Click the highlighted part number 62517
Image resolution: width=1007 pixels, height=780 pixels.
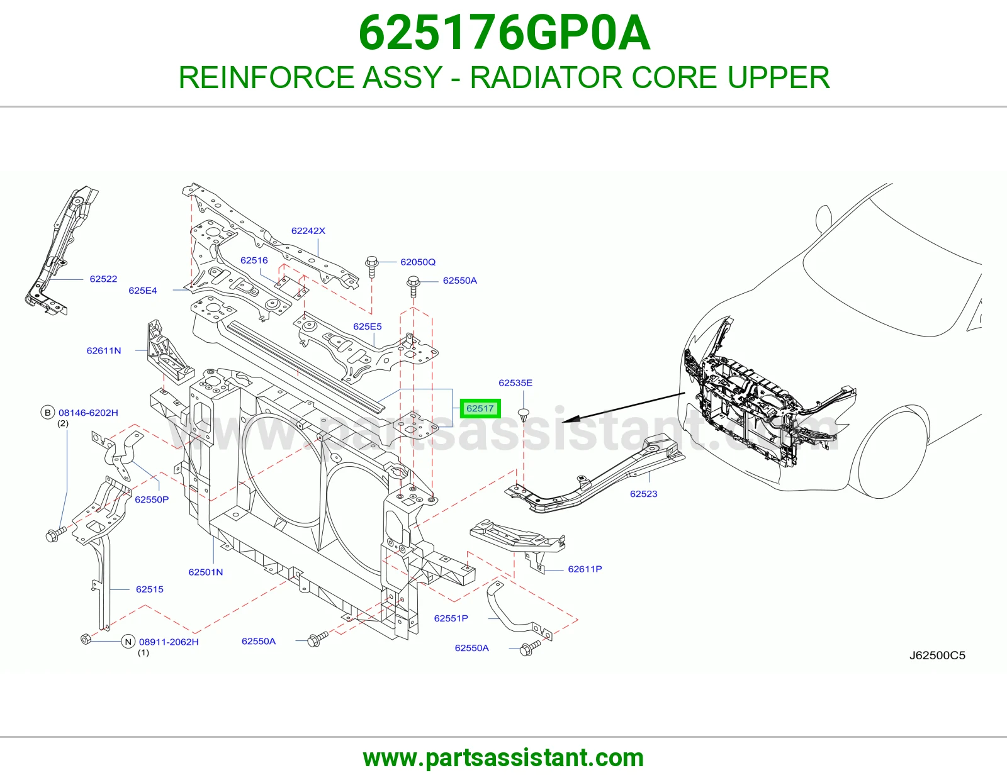pyautogui.click(x=480, y=408)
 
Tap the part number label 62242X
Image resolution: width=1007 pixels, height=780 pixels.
pyautogui.click(x=308, y=231)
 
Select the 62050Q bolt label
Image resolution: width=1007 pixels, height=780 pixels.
pyautogui.click(x=418, y=262)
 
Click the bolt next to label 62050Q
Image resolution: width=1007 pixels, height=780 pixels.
pyautogui.click(x=372, y=267)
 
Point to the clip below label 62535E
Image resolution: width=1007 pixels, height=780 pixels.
pyautogui.click(x=524, y=414)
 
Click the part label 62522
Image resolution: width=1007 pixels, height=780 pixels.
pyautogui.click(x=103, y=279)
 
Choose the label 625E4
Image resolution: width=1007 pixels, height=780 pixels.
pyautogui.click(x=143, y=291)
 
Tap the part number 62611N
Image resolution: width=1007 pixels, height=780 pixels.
pyautogui.click(x=104, y=350)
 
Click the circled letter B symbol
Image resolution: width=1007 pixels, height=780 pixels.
pyautogui.click(x=47, y=412)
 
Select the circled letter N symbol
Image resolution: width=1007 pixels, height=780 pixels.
pyautogui.click(x=128, y=642)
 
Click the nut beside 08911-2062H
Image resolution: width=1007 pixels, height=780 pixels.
pyautogui.click(x=86, y=639)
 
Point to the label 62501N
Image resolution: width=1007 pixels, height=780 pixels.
pyautogui.click(x=206, y=572)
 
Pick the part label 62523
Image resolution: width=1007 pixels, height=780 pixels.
pyautogui.click(x=644, y=494)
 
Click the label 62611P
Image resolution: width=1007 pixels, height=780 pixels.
pyautogui.click(x=585, y=569)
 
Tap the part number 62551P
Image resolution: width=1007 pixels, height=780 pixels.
pyautogui.click(x=451, y=618)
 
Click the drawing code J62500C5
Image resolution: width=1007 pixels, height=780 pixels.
pyautogui.click(x=937, y=655)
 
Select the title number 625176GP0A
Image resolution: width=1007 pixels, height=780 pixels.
pyautogui.click(x=504, y=33)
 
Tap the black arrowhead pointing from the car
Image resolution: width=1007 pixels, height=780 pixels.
pyautogui.click(x=571, y=419)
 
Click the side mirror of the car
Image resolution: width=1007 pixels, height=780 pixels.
pyautogui.click(x=823, y=220)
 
